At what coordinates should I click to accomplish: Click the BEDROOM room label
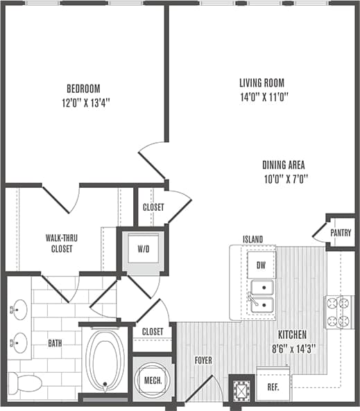point(83,89)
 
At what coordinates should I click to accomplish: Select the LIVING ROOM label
point(256,82)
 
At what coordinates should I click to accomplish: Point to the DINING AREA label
point(284,165)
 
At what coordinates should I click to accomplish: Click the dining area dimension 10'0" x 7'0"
point(284,179)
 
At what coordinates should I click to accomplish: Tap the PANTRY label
point(341,233)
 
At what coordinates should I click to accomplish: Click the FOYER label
point(203,360)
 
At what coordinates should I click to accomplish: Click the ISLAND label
point(252,240)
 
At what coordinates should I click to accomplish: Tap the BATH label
point(55,342)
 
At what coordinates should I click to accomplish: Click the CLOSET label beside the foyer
point(152,332)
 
